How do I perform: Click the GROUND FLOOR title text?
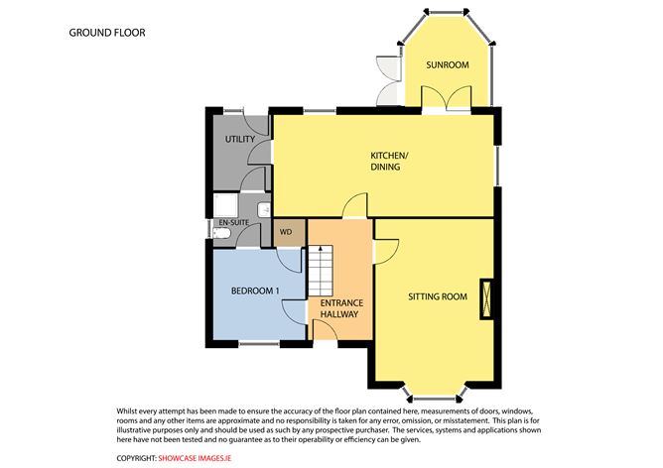tap(107, 33)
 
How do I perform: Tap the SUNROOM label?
tap(448, 65)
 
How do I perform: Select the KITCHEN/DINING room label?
tap(389, 161)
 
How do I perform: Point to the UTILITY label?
tap(240, 139)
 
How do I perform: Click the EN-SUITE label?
tap(234, 222)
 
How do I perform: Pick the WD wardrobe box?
tap(289, 232)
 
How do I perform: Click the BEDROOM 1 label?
tap(255, 292)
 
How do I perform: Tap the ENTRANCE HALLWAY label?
tap(341, 308)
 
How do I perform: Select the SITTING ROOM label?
tap(438, 296)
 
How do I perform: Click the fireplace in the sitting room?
tap(486, 298)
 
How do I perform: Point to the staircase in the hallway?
tap(320, 271)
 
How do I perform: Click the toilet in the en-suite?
tap(221, 233)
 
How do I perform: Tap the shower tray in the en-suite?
tap(225, 205)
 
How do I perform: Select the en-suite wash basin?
tap(264, 209)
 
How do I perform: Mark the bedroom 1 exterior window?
tap(259, 343)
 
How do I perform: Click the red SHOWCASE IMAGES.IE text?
tap(195, 458)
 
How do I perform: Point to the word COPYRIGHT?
tap(137, 458)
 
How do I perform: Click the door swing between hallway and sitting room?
tap(386, 252)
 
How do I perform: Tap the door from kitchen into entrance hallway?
tap(354, 205)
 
